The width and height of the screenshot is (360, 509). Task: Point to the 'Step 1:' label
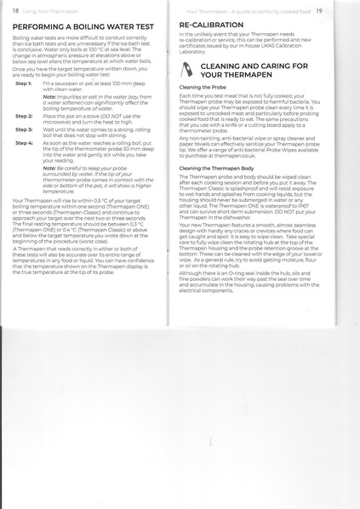pos(23,84)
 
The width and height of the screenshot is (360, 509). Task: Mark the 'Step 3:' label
pos(23,129)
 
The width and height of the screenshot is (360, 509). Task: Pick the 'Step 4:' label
pos(23,143)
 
